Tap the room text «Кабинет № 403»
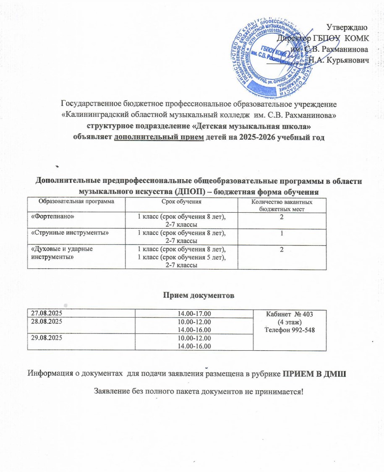(291, 314)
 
